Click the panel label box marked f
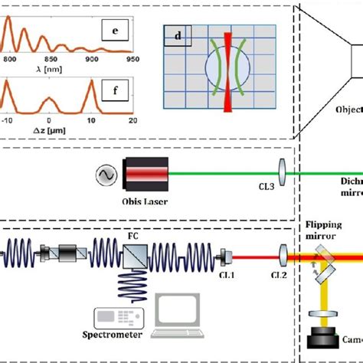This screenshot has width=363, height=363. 115,93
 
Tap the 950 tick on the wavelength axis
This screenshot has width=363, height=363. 132,59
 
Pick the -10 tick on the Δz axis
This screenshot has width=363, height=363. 8,120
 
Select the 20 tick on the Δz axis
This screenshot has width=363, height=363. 131,120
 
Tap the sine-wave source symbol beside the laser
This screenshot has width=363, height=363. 106,175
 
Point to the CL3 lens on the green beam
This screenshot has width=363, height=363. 283,174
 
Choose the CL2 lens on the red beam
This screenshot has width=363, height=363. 283,251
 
